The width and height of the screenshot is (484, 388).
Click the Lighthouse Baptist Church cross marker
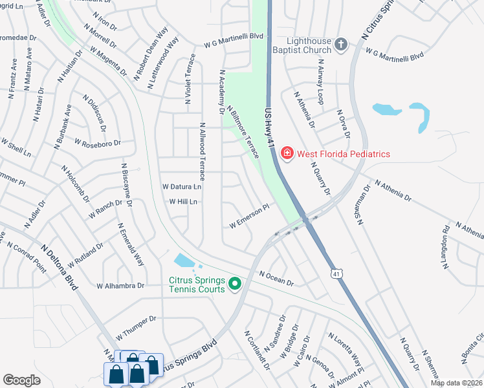pyautogui.click(x=341, y=45)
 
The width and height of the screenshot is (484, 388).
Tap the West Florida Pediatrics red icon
pyautogui.click(x=287, y=153)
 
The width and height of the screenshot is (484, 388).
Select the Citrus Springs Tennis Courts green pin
pyautogui.click(x=235, y=283)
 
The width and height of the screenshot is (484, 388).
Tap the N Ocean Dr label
pyautogui.click(x=276, y=278)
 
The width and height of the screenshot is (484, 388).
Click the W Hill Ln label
pyautogui.click(x=182, y=202)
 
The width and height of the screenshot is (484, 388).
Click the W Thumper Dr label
pyautogui.click(x=136, y=328)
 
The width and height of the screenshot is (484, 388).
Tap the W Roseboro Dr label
pyautogui.click(x=98, y=142)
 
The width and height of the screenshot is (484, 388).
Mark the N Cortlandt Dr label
pyautogui.click(x=257, y=351)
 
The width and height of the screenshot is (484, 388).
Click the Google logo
pyautogui.click(x=21, y=380)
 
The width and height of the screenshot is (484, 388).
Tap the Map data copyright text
pyautogui.click(x=456, y=383)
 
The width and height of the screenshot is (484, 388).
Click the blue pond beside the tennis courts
pyautogui.click(x=184, y=261)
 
